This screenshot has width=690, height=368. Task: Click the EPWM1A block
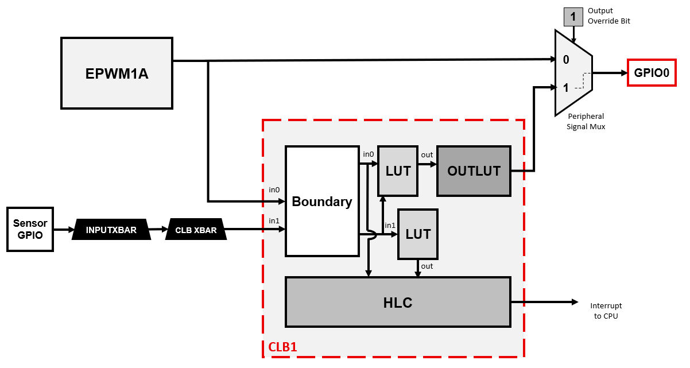click(x=117, y=73)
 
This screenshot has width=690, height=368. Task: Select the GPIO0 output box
click(x=652, y=73)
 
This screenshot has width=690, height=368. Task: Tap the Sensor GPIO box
click(x=30, y=229)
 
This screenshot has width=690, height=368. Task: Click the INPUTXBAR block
click(x=111, y=230)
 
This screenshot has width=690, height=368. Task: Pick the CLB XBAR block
click(x=196, y=230)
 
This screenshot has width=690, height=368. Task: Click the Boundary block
click(x=322, y=201)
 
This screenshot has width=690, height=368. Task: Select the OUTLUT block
click(x=474, y=171)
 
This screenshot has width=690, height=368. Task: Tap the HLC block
click(x=398, y=302)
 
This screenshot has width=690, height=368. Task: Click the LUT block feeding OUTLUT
click(x=397, y=171)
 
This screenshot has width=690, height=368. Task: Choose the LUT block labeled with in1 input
click(x=418, y=234)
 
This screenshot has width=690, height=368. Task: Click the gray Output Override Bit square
click(x=572, y=17)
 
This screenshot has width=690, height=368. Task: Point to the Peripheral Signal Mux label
click(x=586, y=121)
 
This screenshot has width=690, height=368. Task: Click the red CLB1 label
click(x=282, y=347)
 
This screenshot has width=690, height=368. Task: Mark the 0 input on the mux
click(x=566, y=60)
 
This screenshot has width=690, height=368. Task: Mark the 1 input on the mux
click(x=566, y=88)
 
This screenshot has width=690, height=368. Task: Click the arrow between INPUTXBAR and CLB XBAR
click(x=158, y=230)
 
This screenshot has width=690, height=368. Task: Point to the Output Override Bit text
click(x=609, y=16)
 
